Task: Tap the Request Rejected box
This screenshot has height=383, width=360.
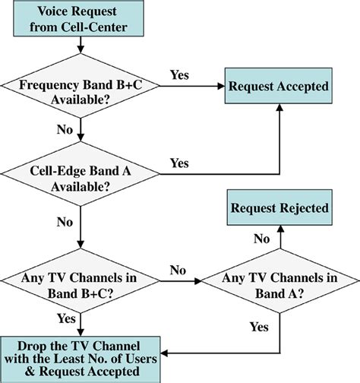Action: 279,207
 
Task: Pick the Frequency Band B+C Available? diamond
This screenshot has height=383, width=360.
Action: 80,93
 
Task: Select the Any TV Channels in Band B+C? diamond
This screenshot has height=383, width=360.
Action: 80,279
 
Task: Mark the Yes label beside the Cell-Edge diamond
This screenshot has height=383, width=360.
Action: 180,163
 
